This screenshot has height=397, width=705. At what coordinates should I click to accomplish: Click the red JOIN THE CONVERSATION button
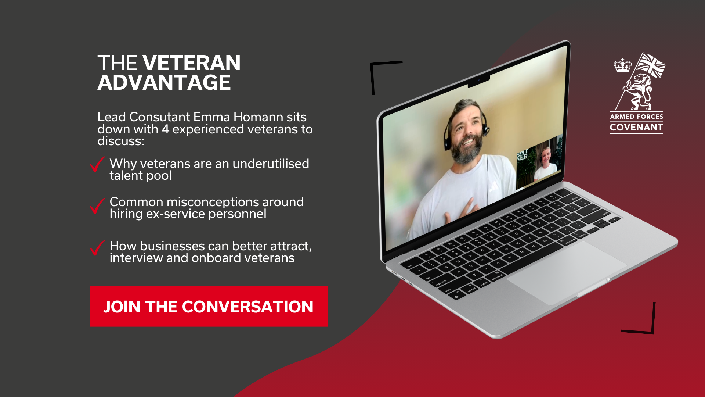tap(209, 306)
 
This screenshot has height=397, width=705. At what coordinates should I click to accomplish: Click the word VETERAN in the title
tap(191, 63)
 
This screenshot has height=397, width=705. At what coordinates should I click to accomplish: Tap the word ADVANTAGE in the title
tap(164, 82)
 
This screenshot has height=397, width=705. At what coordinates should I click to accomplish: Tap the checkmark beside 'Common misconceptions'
tap(97, 206)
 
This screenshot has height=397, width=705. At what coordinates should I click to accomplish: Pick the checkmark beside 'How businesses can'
tap(97, 248)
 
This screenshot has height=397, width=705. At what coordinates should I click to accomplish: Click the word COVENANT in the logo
tap(636, 128)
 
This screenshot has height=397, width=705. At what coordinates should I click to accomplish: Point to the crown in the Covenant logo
tap(622, 65)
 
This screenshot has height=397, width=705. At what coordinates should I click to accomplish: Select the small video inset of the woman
tap(539, 162)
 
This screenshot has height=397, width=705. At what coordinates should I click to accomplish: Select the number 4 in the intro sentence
tap(165, 129)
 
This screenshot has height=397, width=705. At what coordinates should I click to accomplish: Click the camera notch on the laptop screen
tap(479, 81)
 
